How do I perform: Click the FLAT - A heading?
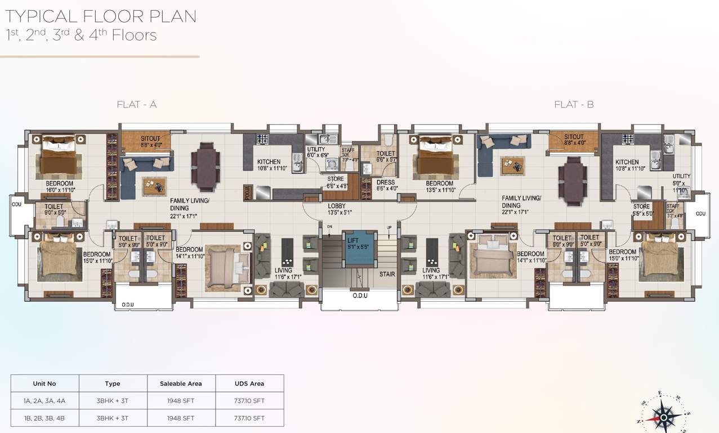[x=136, y=104]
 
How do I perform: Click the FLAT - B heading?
[x=574, y=104]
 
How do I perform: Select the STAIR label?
[x=387, y=274]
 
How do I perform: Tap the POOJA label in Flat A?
[x=246, y=192]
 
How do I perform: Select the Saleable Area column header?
[x=181, y=383]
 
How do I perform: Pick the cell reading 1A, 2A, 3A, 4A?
[x=44, y=401]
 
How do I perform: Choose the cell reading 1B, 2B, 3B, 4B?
[x=44, y=418]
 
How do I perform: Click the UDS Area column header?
[x=249, y=383]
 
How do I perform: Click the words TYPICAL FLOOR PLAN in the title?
[x=101, y=16]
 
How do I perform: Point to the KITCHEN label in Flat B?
[x=627, y=162]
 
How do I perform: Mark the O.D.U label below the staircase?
[x=360, y=295]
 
